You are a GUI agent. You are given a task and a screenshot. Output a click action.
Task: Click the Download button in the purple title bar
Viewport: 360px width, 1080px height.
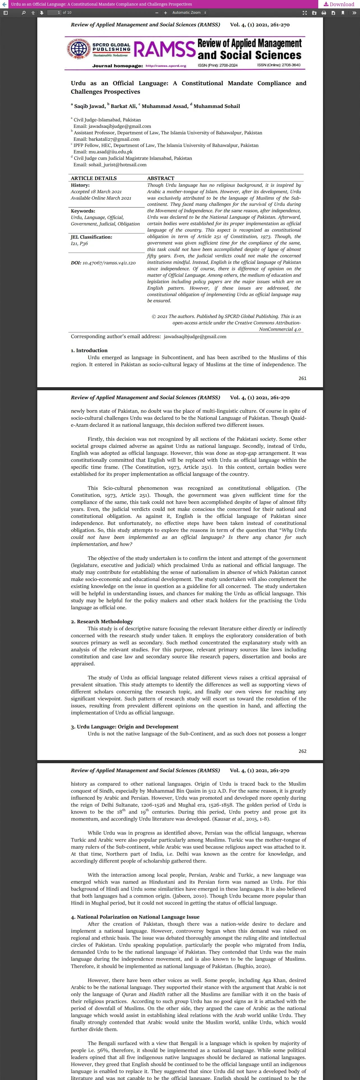339,4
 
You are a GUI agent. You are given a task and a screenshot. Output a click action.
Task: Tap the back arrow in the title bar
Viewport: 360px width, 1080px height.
4,4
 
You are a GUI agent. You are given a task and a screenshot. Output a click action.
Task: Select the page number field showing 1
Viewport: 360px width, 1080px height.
54,13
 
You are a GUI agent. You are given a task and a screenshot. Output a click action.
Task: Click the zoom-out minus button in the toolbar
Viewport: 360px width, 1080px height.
157,13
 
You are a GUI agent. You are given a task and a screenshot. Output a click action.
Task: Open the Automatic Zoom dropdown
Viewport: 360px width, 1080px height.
189,13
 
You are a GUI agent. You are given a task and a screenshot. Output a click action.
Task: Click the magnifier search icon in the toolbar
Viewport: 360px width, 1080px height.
24,13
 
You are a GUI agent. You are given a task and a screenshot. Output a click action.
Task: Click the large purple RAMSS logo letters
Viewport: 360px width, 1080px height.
164,49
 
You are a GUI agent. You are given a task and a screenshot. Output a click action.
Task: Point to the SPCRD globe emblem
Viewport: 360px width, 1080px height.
79,49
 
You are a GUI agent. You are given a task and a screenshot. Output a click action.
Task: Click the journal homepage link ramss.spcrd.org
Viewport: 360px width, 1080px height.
166,65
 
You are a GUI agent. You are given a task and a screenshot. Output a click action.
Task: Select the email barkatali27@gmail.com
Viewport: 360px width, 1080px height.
114,139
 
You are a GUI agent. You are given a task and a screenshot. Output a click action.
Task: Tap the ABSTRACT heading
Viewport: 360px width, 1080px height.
160,178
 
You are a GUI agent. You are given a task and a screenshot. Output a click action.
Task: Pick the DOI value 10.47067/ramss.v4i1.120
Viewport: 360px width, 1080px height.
109,263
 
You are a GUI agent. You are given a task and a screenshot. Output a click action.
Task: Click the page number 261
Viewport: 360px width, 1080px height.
302,378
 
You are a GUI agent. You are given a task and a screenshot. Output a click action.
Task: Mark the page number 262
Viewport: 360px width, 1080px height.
302,751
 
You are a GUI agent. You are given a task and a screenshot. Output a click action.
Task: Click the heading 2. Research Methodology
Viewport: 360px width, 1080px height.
102,621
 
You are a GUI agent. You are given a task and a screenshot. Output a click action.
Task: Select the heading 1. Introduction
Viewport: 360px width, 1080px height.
89,350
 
